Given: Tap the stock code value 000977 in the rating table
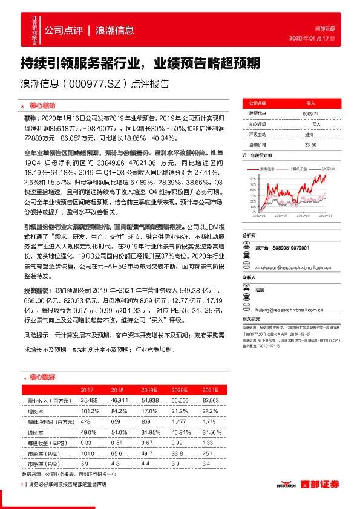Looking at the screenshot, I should [x=310, y=114].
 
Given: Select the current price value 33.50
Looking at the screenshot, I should [x=310, y=145].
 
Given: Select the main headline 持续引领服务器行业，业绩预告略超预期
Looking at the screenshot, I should [x=140, y=62].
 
